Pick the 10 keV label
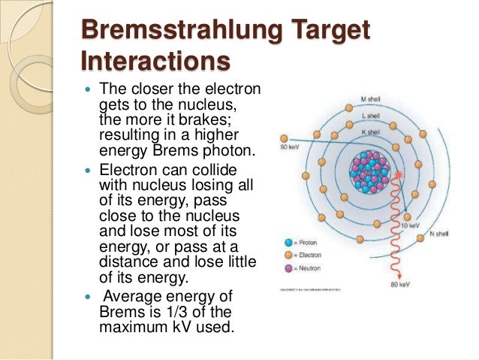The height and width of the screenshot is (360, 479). click(410, 225)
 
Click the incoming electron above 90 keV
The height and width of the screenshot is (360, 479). click(284, 138)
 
